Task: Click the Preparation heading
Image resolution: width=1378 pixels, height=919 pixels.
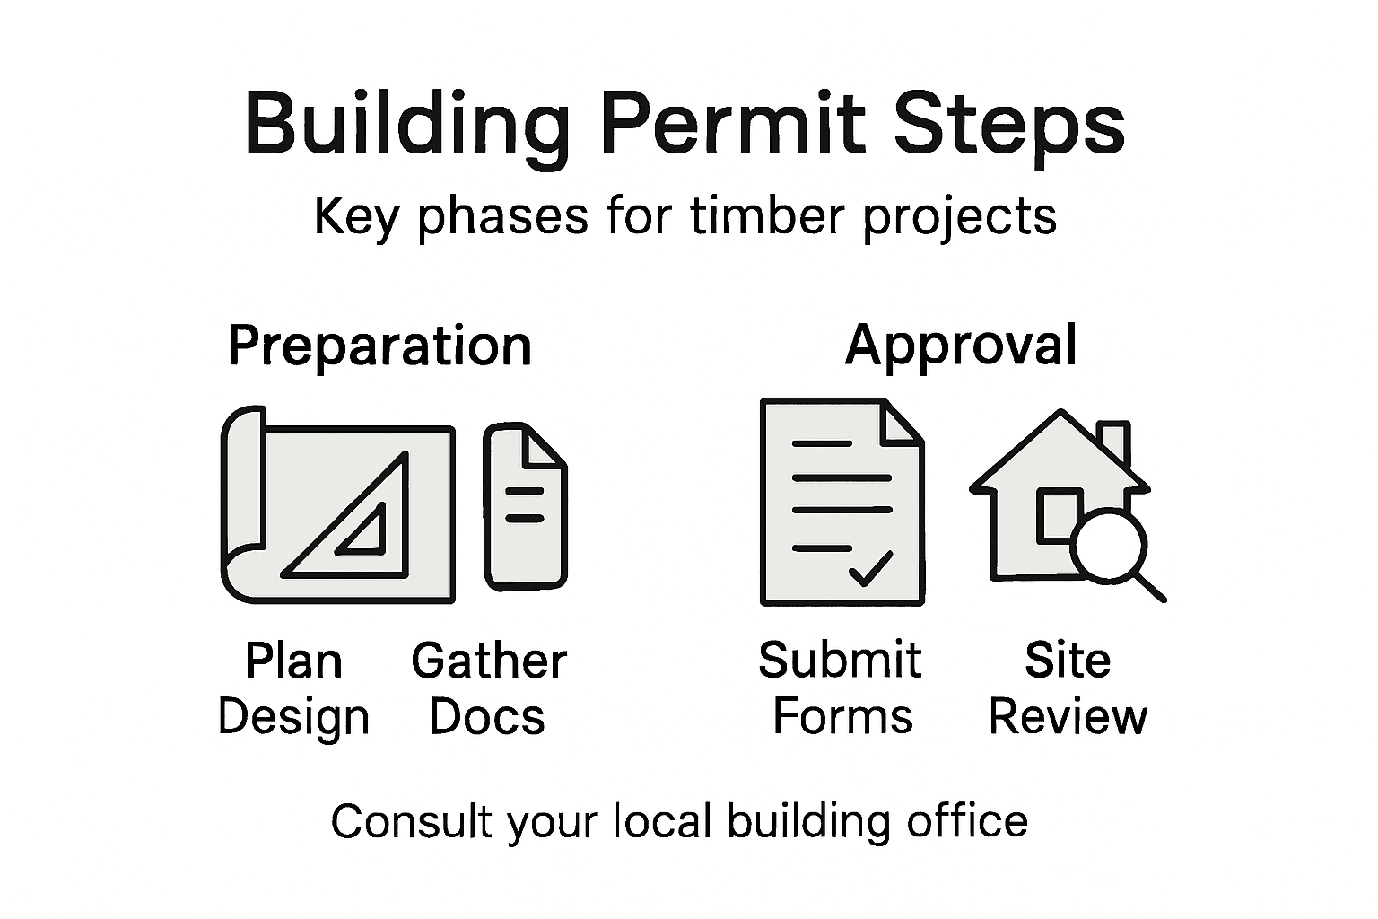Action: [x=379, y=346]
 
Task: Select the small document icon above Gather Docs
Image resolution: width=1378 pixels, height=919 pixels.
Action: [x=525, y=507]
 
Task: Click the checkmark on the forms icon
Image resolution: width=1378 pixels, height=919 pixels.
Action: [x=869, y=568]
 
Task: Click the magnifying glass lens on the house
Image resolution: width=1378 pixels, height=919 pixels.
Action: [x=1109, y=545]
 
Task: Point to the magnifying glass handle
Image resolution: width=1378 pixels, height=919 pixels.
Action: [x=1148, y=586]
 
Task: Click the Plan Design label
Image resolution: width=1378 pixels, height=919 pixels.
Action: [x=293, y=689]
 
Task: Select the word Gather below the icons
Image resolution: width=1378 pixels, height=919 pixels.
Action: [x=489, y=661]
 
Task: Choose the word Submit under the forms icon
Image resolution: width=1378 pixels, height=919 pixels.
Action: [x=840, y=661]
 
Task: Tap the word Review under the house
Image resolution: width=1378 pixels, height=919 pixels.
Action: [x=1068, y=717]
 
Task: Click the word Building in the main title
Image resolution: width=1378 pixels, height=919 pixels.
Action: [x=406, y=126]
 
